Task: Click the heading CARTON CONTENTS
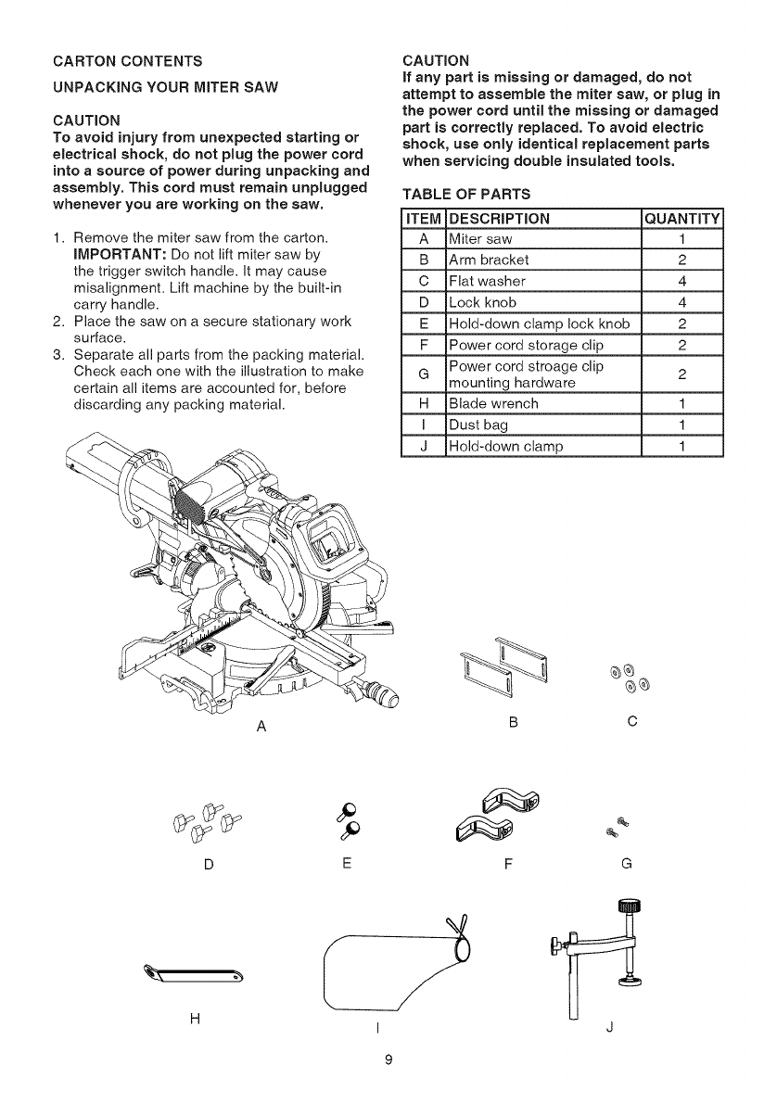click(127, 61)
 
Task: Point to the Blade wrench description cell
click(493, 404)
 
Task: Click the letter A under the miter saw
click(262, 726)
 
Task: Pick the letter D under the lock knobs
click(209, 864)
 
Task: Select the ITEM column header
click(422, 219)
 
